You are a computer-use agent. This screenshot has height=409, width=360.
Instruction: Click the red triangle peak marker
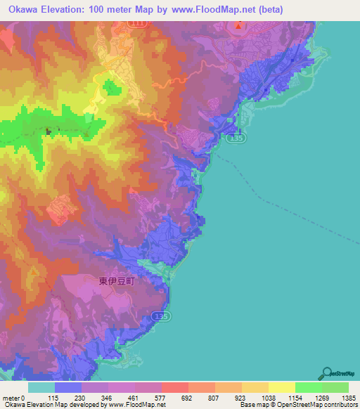click(239, 27)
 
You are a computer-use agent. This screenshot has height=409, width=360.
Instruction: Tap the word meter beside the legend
click(10, 398)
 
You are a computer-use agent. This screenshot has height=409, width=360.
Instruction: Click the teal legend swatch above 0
click(41, 387)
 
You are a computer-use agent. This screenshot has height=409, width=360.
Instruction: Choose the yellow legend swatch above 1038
click(255, 387)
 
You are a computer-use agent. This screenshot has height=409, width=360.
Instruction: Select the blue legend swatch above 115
click(67, 387)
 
